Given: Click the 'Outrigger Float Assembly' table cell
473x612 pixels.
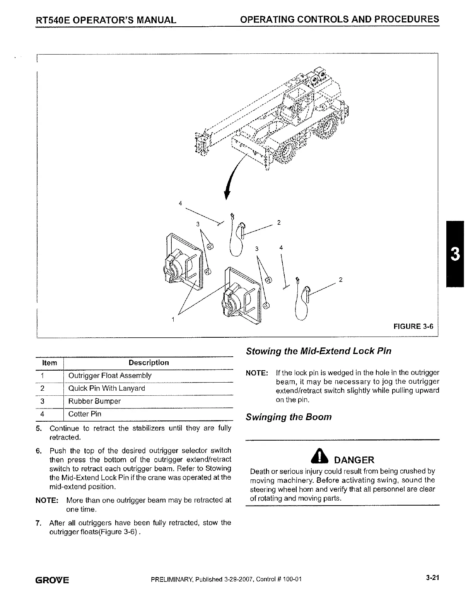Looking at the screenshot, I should click(x=110, y=376).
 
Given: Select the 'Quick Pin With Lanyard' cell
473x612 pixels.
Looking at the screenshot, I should click(x=106, y=388).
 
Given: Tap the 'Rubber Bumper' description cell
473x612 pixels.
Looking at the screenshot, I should click(x=94, y=401).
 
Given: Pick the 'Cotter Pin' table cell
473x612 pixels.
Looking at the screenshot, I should click(x=85, y=414).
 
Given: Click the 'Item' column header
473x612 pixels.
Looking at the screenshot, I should click(x=49, y=363).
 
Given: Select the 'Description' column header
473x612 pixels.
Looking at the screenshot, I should click(x=149, y=363).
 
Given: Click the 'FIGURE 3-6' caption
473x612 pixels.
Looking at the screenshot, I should click(x=413, y=326).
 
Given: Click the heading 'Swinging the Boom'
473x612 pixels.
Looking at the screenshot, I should click(x=289, y=417).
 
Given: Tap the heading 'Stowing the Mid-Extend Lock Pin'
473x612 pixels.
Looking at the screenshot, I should click(x=318, y=351).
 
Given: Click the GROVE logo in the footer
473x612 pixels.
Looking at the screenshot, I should click(x=52, y=580).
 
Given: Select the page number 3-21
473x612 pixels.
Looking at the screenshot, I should click(x=433, y=579).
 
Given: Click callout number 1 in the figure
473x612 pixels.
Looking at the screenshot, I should click(x=173, y=320).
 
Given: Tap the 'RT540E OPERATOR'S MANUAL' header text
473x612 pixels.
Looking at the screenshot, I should click(x=106, y=20).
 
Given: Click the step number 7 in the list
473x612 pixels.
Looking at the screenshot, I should click(x=38, y=523).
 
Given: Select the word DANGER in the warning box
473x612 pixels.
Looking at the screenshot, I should click(x=354, y=460).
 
